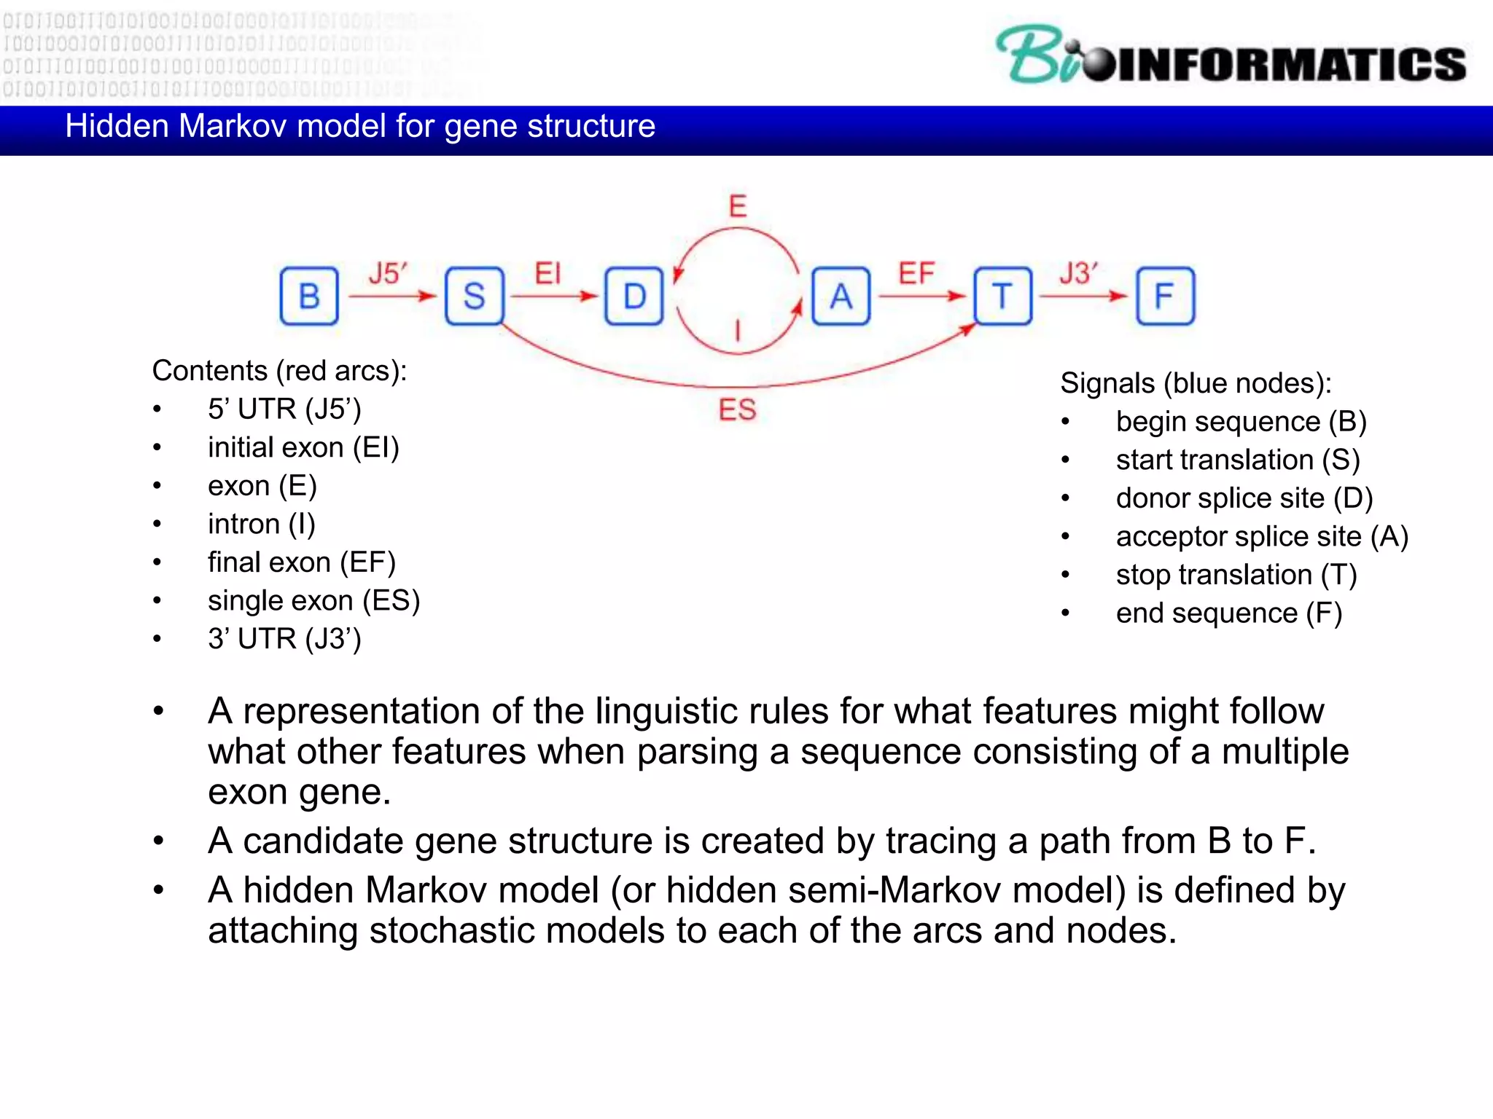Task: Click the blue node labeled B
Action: (309, 296)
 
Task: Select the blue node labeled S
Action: (474, 296)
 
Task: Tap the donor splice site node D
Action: (634, 296)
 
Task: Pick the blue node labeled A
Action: (841, 296)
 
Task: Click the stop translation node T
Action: (1003, 296)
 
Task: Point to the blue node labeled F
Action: (1165, 296)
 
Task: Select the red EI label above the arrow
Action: (547, 274)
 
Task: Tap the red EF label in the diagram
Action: (916, 274)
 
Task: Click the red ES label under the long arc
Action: (737, 409)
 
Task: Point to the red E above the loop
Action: (738, 206)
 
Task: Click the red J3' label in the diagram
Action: (1078, 274)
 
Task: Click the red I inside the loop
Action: (738, 330)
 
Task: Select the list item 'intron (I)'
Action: (261, 524)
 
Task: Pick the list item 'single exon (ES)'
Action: (313, 600)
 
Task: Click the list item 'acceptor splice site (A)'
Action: (1261, 536)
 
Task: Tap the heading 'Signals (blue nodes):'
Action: (1196, 383)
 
